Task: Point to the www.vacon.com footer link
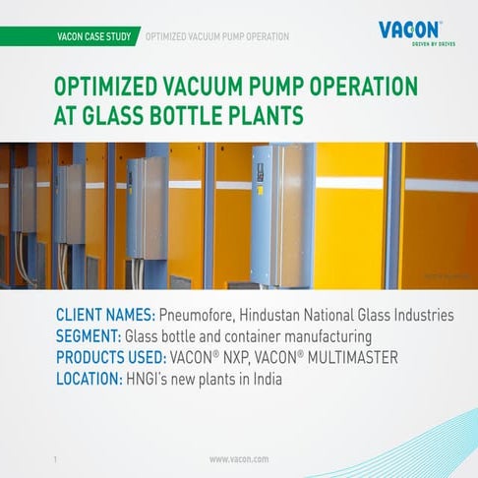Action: pyautogui.click(x=239, y=459)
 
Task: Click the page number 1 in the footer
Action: pyautogui.click(x=55, y=459)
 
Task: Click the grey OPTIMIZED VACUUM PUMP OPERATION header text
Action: pyautogui.click(x=217, y=37)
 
